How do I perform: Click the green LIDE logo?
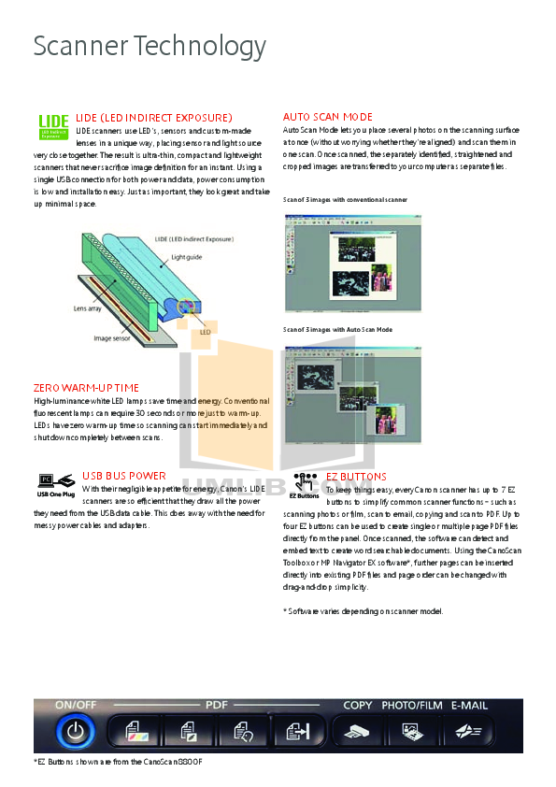click(x=52, y=126)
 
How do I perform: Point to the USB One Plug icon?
click(x=55, y=486)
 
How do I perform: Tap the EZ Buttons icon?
click(x=305, y=486)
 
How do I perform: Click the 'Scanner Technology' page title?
click(x=150, y=46)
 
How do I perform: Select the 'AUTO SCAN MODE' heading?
click(x=327, y=117)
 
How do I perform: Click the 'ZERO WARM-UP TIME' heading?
click(x=86, y=387)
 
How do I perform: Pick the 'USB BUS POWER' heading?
click(x=124, y=476)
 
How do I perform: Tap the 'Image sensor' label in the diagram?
click(x=115, y=338)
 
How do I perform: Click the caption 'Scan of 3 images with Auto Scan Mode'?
click(x=337, y=330)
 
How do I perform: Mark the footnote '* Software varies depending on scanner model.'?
click(x=363, y=610)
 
